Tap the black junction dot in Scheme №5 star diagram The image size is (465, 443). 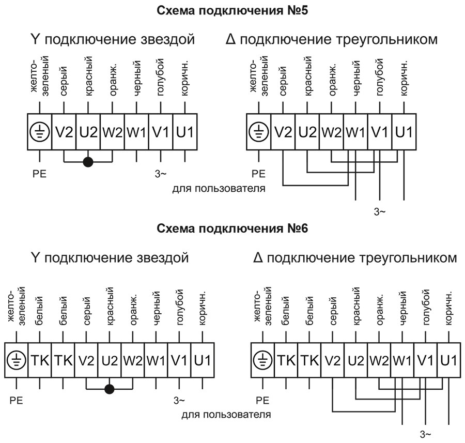coord(88,162)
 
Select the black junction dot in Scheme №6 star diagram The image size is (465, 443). coord(110,389)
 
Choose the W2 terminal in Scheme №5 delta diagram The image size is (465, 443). coord(332,132)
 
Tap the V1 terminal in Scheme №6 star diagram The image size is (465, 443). coord(179,359)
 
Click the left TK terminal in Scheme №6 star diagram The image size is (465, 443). coord(40,359)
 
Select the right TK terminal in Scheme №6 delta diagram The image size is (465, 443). coord(308,359)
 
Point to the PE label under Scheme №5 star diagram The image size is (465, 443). coord(39,174)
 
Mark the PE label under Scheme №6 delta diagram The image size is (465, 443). coord(263,400)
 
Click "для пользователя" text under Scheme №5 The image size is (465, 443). coord(219,188)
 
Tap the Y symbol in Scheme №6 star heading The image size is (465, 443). coord(36,257)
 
